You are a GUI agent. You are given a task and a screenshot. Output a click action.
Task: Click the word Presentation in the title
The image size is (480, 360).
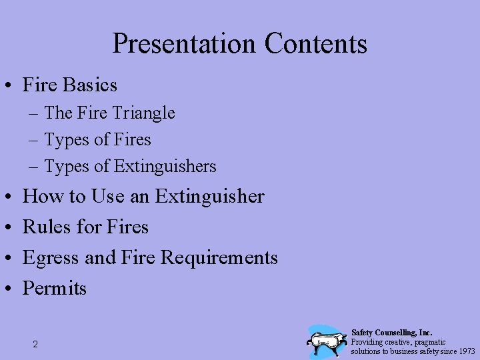pyautogui.click(x=184, y=44)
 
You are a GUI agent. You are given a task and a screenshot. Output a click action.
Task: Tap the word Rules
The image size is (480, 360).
pyautogui.click(x=48, y=227)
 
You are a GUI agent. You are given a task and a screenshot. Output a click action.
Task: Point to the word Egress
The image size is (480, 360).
pyautogui.click(x=51, y=257)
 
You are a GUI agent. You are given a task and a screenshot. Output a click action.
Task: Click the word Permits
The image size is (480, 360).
pyautogui.click(x=55, y=288)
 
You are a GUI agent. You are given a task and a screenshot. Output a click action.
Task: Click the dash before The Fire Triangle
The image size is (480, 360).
pyautogui.click(x=33, y=114)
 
